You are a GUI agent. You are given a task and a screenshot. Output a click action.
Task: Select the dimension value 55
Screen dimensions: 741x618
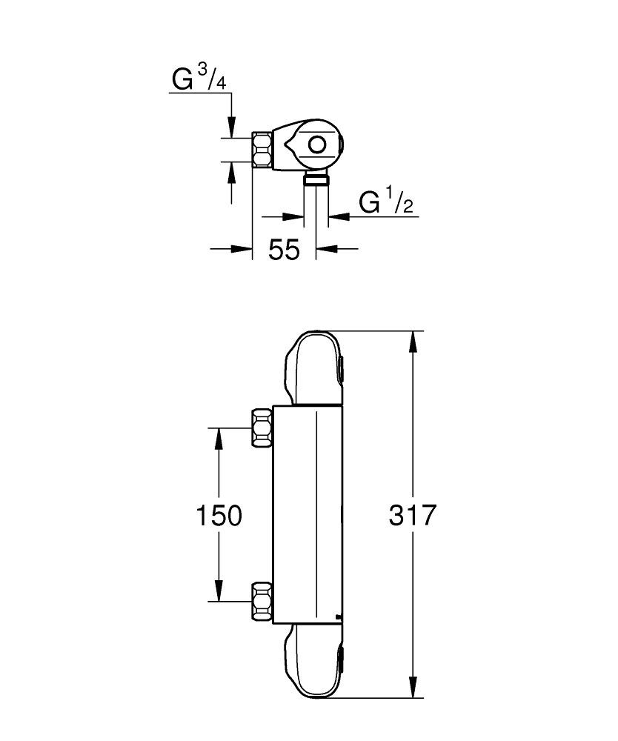284,250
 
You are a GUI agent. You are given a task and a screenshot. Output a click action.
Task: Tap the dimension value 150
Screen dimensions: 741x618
219,515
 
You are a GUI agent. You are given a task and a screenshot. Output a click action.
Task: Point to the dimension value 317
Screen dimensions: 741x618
413,515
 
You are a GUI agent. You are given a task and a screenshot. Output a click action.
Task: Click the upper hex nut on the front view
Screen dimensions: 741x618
262,428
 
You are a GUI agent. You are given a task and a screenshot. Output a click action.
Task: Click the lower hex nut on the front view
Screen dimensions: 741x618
262,602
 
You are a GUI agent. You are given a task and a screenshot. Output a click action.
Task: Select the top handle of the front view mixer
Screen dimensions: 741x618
313,368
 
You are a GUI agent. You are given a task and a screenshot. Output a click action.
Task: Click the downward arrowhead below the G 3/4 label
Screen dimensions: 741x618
232,128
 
